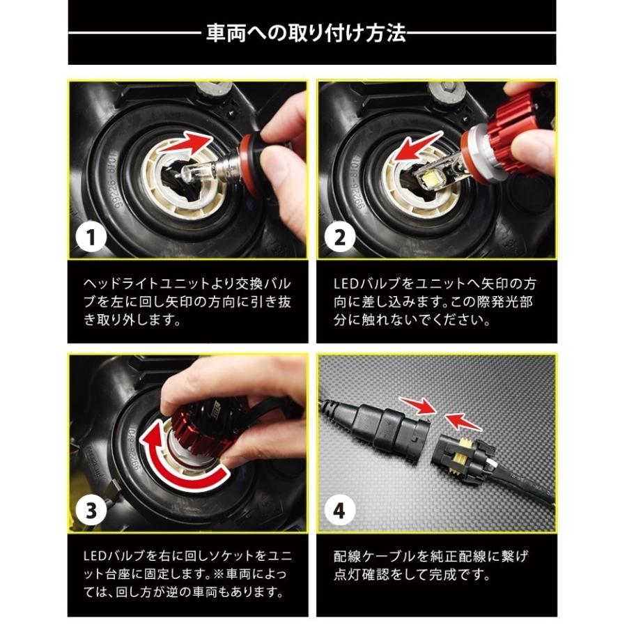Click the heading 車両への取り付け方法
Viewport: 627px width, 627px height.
point(306,33)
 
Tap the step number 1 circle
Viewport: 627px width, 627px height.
point(91,237)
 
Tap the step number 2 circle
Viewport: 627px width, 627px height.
point(340,237)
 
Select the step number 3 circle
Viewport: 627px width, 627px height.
point(91,510)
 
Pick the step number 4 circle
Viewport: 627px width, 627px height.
point(340,510)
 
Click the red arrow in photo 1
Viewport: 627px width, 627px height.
point(186,145)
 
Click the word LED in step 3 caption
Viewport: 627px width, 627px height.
point(96,556)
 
